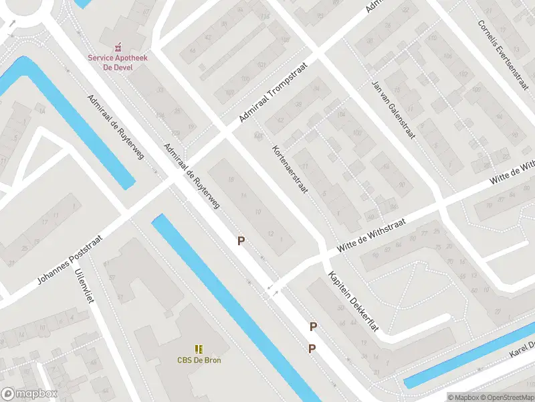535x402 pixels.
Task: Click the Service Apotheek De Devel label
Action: pyautogui.click(x=118, y=62)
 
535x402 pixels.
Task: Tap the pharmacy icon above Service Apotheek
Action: pyautogui.click(x=118, y=47)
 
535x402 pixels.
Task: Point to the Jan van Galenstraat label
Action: pyautogui.click(x=393, y=109)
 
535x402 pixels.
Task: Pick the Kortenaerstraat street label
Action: pyautogui.click(x=290, y=170)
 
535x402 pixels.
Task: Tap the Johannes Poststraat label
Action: pyautogui.click(x=70, y=259)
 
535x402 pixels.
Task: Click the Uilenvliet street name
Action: pyautogui.click(x=85, y=285)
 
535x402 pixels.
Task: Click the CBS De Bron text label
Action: pyautogui.click(x=199, y=360)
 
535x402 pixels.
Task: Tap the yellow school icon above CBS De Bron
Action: pyautogui.click(x=199, y=348)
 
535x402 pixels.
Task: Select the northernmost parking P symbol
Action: pyautogui.click(x=241, y=241)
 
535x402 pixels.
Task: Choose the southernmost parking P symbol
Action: pyautogui.click(x=312, y=348)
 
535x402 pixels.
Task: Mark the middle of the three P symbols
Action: pyautogui.click(x=312, y=327)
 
